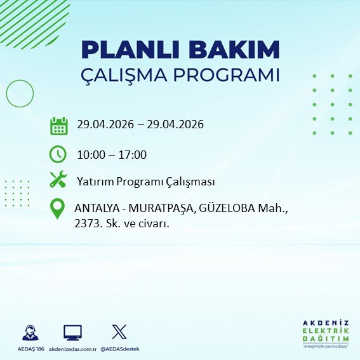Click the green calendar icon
(x=58, y=126)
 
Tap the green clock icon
(x=58, y=154)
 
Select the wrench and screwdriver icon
(x=58, y=181)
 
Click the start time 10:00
(x=91, y=154)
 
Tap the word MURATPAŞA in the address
(x=156, y=208)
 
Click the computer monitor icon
(x=72, y=331)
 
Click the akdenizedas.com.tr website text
(x=72, y=348)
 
